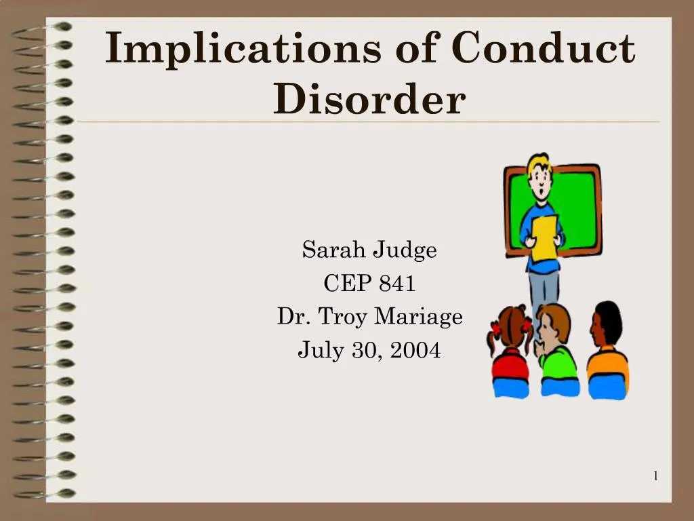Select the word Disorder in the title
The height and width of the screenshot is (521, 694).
coord(369,99)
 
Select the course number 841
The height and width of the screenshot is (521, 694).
coord(397,284)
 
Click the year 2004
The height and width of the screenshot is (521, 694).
coord(413,350)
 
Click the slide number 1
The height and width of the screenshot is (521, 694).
coord(655,476)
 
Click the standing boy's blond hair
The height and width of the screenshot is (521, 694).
coord(539,163)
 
